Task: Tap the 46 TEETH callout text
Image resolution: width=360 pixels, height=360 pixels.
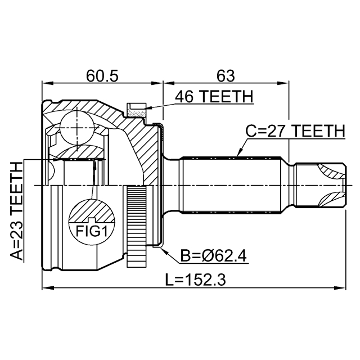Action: [214, 96]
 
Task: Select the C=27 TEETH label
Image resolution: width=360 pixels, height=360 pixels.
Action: [295, 131]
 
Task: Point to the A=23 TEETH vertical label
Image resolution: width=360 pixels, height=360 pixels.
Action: [16, 211]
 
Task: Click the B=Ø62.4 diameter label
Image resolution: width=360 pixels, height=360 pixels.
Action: [213, 255]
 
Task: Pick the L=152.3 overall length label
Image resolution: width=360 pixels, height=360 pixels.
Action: [196, 280]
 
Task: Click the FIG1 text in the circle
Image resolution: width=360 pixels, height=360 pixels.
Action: [92, 231]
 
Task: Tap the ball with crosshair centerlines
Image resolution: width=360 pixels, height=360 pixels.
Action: [77, 128]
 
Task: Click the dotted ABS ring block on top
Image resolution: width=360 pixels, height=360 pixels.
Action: [137, 110]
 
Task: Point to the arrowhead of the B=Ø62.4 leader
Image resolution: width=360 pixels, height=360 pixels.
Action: [164, 250]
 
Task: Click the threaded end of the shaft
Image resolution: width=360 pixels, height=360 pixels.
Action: [320, 185]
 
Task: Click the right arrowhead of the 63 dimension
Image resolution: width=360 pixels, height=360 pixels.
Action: [283, 83]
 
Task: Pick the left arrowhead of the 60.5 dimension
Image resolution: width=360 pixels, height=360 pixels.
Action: [48, 83]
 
